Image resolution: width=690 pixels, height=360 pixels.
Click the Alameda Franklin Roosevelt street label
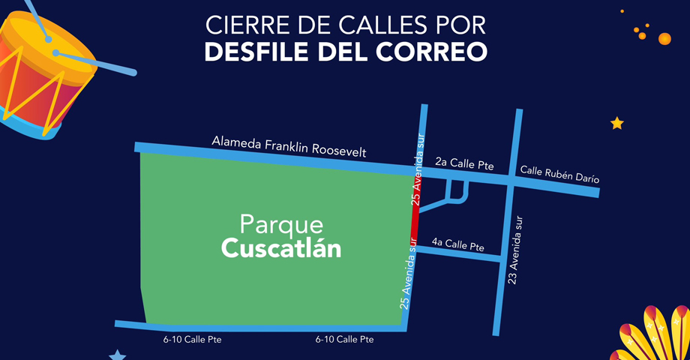pos(289,146)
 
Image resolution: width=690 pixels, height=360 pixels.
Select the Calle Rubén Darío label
pos(559,174)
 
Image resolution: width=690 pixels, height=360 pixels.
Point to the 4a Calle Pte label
pos(457,244)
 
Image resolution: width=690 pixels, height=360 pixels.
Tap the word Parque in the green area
pos(281,224)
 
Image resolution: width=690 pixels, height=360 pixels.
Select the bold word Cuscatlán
pos(281,248)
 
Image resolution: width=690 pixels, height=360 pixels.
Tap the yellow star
pos(616,123)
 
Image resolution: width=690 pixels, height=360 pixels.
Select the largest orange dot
pos(664,38)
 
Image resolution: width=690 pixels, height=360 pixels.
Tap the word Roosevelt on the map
pos(337,150)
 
